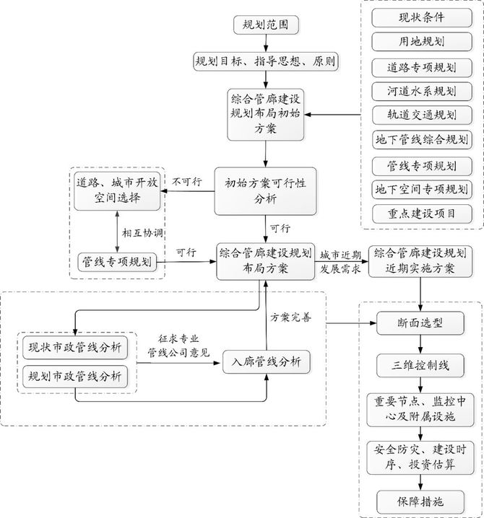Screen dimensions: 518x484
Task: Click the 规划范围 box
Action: [x=266, y=25]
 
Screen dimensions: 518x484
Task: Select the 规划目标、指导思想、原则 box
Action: [x=266, y=61]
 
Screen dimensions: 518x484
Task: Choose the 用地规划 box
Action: [x=422, y=41]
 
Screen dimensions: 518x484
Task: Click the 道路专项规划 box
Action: [x=422, y=67]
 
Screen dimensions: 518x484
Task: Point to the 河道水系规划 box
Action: [x=422, y=92]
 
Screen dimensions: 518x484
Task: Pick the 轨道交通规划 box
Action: [x=422, y=116]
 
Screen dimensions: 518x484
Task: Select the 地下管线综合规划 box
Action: [x=422, y=140]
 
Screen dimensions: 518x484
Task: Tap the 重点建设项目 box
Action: [x=422, y=214]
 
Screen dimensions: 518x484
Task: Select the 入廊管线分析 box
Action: [x=267, y=361]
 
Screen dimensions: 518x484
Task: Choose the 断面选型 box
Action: [x=422, y=322]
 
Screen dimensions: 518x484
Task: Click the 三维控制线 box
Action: [x=422, y=365]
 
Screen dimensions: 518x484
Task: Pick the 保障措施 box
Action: [x=422, y=500]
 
